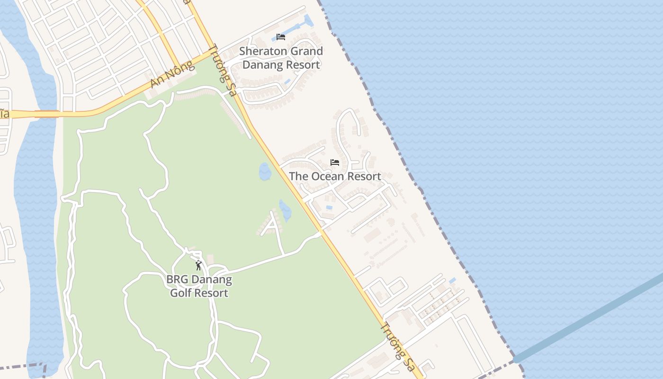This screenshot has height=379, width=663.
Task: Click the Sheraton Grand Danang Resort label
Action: click(x=281, y=58)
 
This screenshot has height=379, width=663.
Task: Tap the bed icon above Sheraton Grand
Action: click(x=281, y=37)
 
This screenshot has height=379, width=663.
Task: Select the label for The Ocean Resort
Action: click(x=335, y=176)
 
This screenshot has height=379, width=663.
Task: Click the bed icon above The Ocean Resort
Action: click(x=335, y=162)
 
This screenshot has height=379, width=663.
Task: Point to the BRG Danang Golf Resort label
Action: click(x=199, y=286)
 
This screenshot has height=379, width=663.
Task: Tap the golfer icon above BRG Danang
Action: click(x=198, y=265)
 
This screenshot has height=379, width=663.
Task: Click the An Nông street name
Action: click(x=172, y=74)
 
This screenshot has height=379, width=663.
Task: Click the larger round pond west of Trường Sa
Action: click(x=265, y=172)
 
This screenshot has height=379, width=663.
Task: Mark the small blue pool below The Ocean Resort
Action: click(x=329, y=208)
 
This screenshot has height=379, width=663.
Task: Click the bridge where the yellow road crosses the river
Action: click(x=46, y=114)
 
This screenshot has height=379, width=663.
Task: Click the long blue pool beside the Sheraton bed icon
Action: click(x=308, y=21)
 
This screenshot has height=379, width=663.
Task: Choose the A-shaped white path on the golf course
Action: click(x=272, y=226)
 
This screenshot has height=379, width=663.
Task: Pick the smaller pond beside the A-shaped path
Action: click(x=285, y=210)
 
